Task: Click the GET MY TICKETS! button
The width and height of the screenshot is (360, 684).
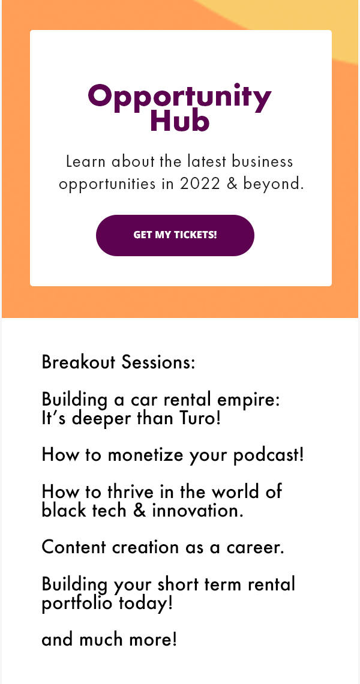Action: (x=175, y=235)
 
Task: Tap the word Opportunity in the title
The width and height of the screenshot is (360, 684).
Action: (x=179, y=98)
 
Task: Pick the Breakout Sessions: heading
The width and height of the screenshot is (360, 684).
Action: (x=118, y=362)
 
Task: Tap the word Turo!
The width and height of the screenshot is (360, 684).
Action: (x=200, y=419)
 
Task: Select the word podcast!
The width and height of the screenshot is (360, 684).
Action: (x=268, y=455)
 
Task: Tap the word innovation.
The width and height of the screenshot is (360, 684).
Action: (x=197, y=511)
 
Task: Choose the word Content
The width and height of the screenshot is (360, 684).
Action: (x=74, y=547)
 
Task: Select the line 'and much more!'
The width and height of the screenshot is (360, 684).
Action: (x=109, y=640)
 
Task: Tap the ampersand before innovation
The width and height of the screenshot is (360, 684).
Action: (x=139, y=511)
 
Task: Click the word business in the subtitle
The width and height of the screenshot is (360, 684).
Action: (x=262, y=161)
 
